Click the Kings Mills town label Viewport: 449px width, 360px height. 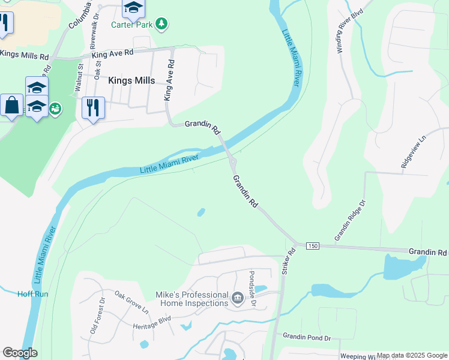(131, 80)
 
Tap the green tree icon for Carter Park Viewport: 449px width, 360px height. (161, 24)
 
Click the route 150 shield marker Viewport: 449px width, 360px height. (312, 246)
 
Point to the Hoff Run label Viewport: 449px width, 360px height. (32, 294)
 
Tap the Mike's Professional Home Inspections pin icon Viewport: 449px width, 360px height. (237, 298)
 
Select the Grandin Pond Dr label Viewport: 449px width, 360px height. (307, 338)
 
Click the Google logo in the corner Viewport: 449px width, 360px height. (20, 353)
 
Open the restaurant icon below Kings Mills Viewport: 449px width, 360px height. (93, 108)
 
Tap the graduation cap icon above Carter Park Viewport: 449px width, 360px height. (133, 8)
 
